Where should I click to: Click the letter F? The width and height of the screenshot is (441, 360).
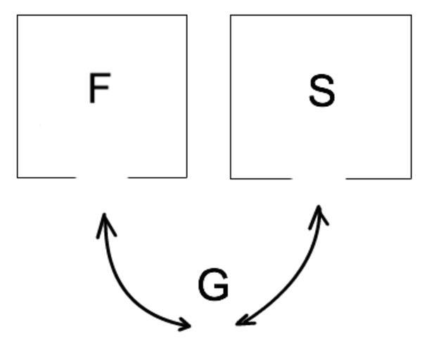99,89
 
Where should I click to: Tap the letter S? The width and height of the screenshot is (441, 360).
321,91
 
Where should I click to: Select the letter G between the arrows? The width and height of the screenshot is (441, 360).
213,285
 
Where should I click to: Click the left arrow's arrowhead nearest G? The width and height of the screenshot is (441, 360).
188,325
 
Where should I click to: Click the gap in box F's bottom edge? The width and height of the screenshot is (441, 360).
102,177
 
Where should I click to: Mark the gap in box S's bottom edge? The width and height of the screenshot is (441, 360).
319,179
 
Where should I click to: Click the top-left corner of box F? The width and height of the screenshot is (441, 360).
18,15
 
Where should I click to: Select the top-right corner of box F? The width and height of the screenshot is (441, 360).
186,15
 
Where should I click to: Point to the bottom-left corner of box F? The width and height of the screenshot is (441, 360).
18,177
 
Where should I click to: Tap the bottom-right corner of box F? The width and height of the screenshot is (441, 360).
186,177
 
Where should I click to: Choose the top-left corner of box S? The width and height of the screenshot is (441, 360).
231,15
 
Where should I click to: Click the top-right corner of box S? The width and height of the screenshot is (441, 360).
411,15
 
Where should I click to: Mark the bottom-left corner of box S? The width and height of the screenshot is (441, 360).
231,179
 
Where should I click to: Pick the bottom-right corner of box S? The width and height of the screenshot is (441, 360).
411,179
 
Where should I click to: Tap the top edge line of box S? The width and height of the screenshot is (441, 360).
321,15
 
